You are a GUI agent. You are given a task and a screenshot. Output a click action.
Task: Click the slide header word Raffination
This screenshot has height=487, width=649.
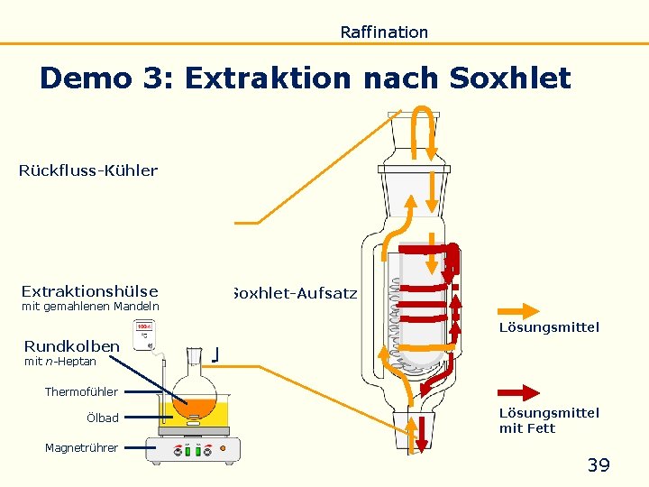(x=384, y=32)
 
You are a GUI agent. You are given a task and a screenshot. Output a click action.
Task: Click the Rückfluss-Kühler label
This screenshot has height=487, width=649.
(x=88, y=170)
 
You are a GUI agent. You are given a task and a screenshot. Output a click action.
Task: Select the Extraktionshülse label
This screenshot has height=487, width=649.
(x=89, y=291)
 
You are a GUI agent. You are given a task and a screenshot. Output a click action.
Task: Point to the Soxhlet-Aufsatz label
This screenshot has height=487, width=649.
(x=294, y=293)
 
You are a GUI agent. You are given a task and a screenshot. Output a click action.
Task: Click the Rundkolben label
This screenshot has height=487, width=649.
(x=71, y=346)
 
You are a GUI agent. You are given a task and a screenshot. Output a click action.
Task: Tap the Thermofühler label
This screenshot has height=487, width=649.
(x=81, y=391)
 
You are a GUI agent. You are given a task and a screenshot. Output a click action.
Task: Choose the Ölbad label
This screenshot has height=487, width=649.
(x=103, y=418)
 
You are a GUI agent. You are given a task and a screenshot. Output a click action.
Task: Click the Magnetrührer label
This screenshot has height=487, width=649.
(x=81, y=447)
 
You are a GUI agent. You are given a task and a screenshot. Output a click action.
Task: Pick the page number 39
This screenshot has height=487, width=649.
(x=599, y=465)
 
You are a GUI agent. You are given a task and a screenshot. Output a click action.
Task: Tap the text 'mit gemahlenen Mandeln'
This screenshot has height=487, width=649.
(x=90, y=307)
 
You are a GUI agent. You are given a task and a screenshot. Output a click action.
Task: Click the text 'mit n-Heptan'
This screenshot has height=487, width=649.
(x=60, y=362)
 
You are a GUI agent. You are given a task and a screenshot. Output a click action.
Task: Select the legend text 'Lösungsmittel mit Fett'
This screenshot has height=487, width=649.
(x=549, y=420)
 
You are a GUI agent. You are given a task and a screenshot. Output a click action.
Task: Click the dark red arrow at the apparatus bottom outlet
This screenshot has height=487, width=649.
(x=421, y=434)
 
